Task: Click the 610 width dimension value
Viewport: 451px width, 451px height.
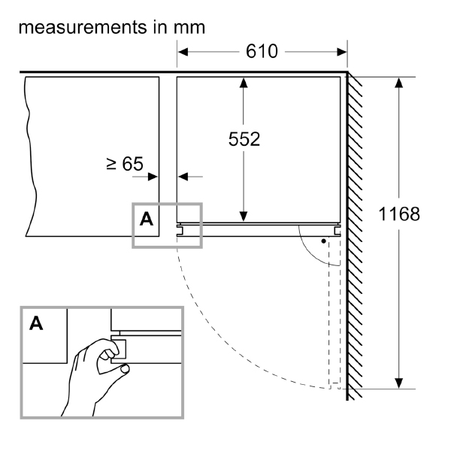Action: (262, 52)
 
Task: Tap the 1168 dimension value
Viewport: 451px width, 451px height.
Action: (398, 213)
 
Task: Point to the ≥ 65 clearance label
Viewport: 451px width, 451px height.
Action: (125, 164)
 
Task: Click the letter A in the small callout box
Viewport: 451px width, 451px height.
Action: (147, 219)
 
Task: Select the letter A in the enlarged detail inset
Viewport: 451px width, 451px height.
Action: (35, 324)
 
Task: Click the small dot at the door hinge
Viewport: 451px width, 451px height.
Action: (323, 242)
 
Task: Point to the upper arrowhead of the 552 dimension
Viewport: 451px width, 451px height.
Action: (243, 83)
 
